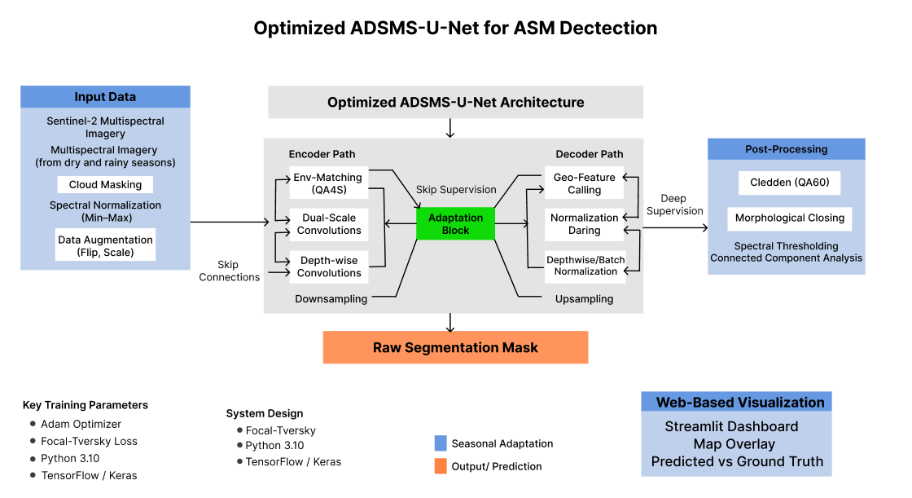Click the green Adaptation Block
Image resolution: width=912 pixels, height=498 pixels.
coord(455,224)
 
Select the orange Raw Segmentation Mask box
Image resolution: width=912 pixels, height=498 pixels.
coord(455,347)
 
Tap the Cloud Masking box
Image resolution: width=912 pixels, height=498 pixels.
coord(105,185)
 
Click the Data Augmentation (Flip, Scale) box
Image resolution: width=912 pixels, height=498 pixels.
coord(105,245)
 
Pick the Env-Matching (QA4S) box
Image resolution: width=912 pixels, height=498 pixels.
coord(328,183)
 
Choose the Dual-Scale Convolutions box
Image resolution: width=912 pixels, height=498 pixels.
coord(328,224)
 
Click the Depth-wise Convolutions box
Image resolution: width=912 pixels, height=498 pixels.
coord(328,267)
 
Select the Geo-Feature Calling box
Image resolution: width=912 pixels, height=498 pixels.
coord(584,183)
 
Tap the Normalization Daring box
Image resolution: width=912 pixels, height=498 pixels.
coord(584,224)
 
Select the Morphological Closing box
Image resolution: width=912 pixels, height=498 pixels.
coord(789,218)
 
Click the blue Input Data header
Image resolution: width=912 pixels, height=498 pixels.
coord(105,97)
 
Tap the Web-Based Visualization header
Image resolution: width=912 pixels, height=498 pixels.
coord(740,402)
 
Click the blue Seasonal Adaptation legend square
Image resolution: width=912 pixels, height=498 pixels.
coord(441,443)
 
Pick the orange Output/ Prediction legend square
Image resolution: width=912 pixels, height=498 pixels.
coord(441,466)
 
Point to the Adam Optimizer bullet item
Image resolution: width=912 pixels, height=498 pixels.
coord(81,424)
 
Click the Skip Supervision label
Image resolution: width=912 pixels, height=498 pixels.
coord(456,190)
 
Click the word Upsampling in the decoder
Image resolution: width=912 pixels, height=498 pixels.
coord(584,299)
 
